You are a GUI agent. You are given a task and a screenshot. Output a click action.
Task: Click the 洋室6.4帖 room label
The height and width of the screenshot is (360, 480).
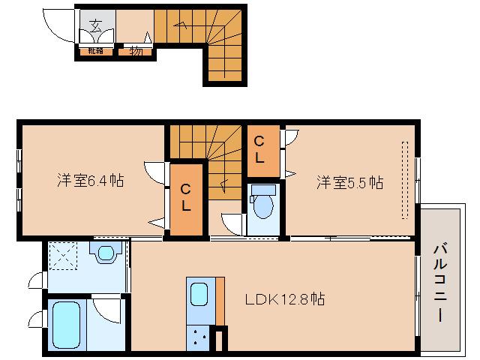pyautogui.click(x=90, y=181)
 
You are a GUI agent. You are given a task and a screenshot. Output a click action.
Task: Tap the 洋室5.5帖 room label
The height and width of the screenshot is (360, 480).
pyautogui.click(x=349, y=181)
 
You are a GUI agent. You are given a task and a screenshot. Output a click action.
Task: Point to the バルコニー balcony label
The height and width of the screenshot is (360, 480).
pyautogui.click(x=441, y=282)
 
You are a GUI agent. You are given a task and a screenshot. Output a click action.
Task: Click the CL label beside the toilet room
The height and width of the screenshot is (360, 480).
pyautogui.click(x=259, y=149)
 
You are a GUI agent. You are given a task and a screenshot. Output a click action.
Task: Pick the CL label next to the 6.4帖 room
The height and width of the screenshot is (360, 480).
pyautogui.click(x=184, y=197)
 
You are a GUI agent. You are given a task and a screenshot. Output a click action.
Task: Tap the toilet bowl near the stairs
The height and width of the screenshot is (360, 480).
pyautogui.click(x=262, y=202)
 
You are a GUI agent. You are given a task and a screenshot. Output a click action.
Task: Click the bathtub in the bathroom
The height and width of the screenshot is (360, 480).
pyautogui.click(x=67, y=325)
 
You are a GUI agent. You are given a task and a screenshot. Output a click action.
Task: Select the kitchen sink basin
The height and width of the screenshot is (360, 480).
pyautogui.click(x=199, y=293)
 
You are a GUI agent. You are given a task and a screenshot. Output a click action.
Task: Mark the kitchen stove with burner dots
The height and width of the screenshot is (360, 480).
pyautogui.click(x=199, y=338)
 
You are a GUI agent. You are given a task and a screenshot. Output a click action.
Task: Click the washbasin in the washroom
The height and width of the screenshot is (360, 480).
pyautogui.click(x=105, y=252)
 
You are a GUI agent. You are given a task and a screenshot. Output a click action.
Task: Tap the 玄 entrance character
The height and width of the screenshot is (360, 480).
pyautogui.click(x=96, y=25)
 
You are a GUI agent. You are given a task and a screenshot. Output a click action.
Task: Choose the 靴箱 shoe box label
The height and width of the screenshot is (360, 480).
pyautogui.click(x=96, y=51)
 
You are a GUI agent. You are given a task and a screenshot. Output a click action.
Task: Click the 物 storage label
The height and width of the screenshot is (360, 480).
pyautogui.click(x=136, y=51)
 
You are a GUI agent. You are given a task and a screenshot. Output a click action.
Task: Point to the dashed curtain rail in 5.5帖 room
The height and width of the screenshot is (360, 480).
pyautogui.click(x=405, y=180)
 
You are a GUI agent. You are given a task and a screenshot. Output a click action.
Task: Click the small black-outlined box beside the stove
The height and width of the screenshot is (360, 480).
pyautogui.click(x=220, y=339)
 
